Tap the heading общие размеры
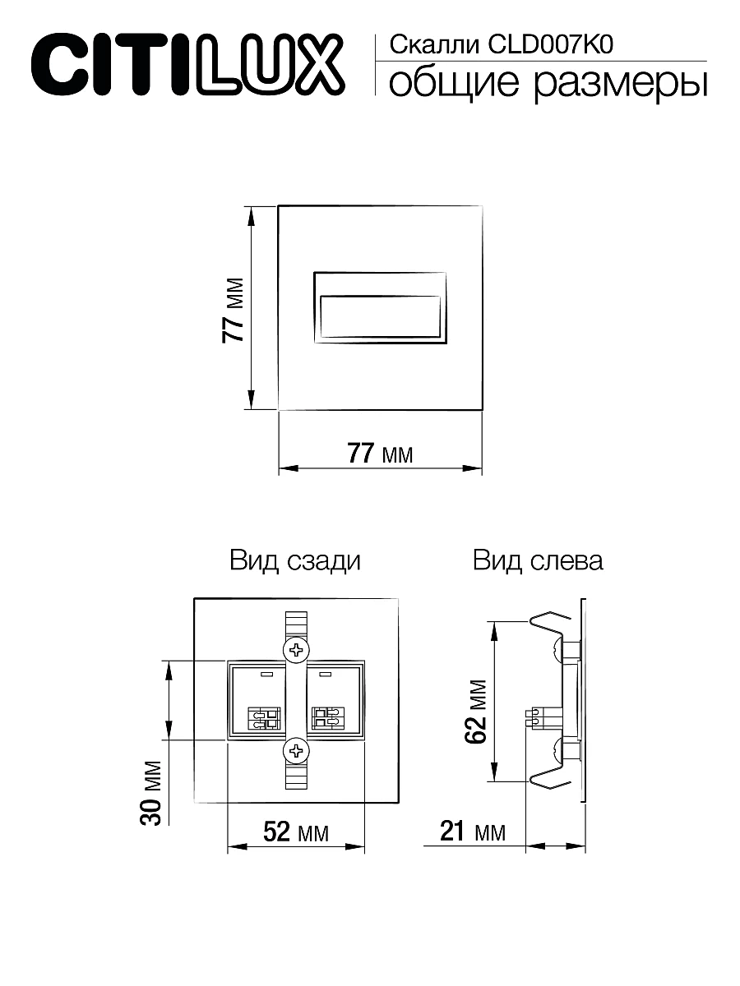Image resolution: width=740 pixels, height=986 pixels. [547, 84]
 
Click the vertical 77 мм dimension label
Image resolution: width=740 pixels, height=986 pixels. [234, 310]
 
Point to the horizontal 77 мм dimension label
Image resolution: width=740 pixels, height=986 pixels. [379, 453]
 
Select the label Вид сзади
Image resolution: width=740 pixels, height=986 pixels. [295, 561]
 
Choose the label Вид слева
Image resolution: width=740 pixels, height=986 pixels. [538, 561]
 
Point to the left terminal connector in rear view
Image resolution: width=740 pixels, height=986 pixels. [265, 719]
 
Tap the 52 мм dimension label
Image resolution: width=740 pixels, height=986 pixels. [295, 832]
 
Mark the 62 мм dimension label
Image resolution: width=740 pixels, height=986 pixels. [476, 711]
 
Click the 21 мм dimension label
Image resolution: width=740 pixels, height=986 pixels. [472, 832]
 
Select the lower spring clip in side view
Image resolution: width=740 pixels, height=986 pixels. [549, 781]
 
